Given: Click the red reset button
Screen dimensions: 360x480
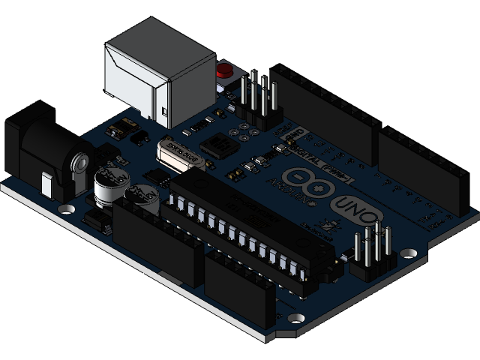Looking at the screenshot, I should click(x=223, y=72).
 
